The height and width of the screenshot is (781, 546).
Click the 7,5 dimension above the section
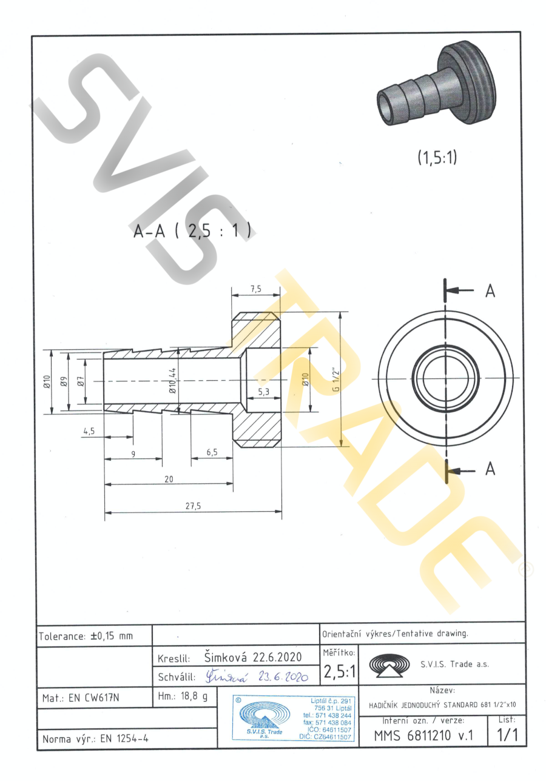(255, 289)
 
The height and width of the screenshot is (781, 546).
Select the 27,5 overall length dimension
(193, 506)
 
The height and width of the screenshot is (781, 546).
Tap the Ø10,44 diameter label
(173, 381)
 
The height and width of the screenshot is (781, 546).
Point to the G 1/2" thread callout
(335, 380)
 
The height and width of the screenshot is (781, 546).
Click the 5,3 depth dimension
(263, 392)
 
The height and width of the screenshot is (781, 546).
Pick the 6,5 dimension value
(212, 452)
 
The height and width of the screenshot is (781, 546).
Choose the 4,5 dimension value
(89, 431)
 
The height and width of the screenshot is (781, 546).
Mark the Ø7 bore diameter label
(81, 381)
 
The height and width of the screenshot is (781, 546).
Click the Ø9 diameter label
(64, 381)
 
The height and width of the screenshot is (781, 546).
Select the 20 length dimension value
(169, 480)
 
